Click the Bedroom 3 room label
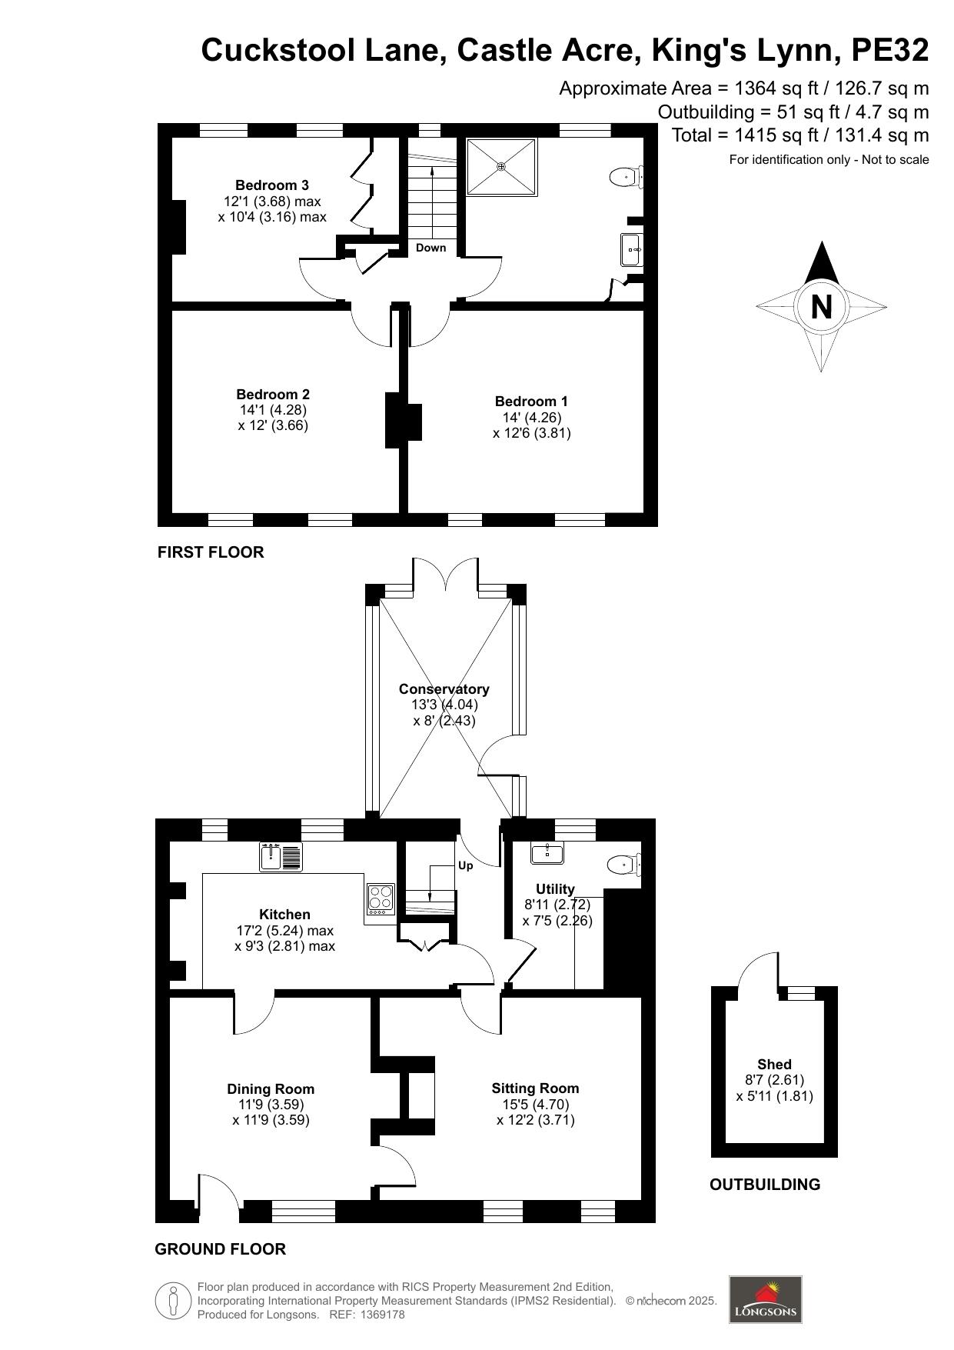272,185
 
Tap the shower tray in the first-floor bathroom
501,166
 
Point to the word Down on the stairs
430,248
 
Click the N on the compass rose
821,307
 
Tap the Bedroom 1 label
531,402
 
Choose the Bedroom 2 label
273,395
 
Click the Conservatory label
444,689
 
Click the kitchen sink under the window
281,857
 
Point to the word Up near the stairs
465,865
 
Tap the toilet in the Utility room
624,865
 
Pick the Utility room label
555,889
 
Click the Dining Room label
271,1089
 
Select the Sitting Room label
535,1088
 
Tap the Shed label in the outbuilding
774,1065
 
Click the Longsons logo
765,1300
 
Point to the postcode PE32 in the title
890,51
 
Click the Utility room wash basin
547,852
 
